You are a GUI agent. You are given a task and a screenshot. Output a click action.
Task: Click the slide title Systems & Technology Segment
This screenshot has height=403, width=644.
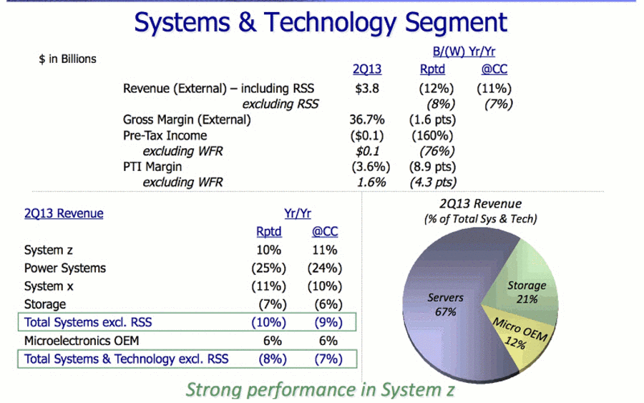321,23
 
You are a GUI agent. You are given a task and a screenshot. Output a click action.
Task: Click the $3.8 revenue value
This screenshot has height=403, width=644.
367,88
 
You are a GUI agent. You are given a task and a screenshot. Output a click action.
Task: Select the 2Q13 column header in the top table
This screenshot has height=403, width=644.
367,69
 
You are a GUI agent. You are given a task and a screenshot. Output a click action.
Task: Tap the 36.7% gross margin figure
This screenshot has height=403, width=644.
367,120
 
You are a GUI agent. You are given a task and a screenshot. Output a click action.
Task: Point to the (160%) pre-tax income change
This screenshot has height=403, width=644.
432,135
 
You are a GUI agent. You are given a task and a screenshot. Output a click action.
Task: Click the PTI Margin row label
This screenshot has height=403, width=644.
152,167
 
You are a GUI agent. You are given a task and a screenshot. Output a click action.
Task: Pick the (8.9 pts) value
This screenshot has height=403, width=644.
432,167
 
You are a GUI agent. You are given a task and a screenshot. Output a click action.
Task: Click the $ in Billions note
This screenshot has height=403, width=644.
67,59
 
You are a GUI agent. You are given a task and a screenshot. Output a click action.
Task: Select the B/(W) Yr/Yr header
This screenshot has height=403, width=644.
464,52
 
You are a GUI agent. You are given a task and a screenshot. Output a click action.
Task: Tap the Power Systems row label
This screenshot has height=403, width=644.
65,268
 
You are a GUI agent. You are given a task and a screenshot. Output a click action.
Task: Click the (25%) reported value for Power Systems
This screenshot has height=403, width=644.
268,268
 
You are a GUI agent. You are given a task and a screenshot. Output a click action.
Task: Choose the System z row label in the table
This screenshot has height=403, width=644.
49,251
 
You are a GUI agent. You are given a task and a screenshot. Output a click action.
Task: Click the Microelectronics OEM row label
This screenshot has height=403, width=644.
82,341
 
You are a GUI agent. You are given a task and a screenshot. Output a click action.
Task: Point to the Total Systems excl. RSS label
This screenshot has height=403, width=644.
88,323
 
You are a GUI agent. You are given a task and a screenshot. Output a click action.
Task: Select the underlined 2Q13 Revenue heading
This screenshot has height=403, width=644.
64,213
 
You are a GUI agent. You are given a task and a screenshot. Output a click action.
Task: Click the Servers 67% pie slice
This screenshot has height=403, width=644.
446,304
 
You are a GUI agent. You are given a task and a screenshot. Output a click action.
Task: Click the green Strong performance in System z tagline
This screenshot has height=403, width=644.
320,390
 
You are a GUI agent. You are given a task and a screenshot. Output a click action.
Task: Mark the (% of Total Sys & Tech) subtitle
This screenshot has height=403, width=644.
481,219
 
